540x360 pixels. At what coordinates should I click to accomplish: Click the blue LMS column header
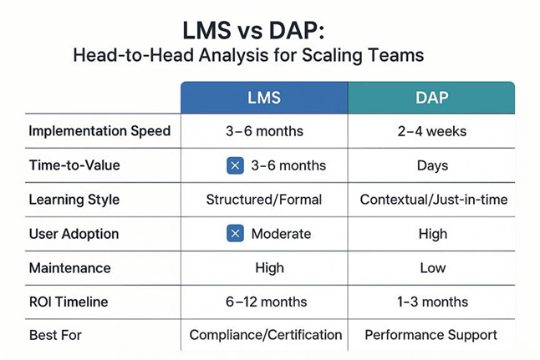[264, 98]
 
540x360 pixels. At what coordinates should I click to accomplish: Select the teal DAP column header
[431, 98]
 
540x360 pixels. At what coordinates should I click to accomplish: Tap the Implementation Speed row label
[99, 131]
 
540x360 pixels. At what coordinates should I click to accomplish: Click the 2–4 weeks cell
[432, 131]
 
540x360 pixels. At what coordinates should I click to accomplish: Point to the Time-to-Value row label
[74, 165]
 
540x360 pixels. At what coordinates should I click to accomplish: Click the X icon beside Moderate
[236, 234]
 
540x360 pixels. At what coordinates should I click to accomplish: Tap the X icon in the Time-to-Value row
[236, 165]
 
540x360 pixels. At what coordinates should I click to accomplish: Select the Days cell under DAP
[432, 165]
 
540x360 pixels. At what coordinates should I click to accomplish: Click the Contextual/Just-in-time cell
[432, 200]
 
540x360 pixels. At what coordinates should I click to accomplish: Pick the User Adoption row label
[74, 234]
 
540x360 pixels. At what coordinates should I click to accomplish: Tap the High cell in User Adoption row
[432, 234]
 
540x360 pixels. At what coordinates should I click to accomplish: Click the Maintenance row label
[69, 268]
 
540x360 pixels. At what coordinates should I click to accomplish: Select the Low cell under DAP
[432, 268]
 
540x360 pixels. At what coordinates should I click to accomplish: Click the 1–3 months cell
[432, 302]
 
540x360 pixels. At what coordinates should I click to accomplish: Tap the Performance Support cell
[432, 335]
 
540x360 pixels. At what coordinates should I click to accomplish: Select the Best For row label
[56, 335]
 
